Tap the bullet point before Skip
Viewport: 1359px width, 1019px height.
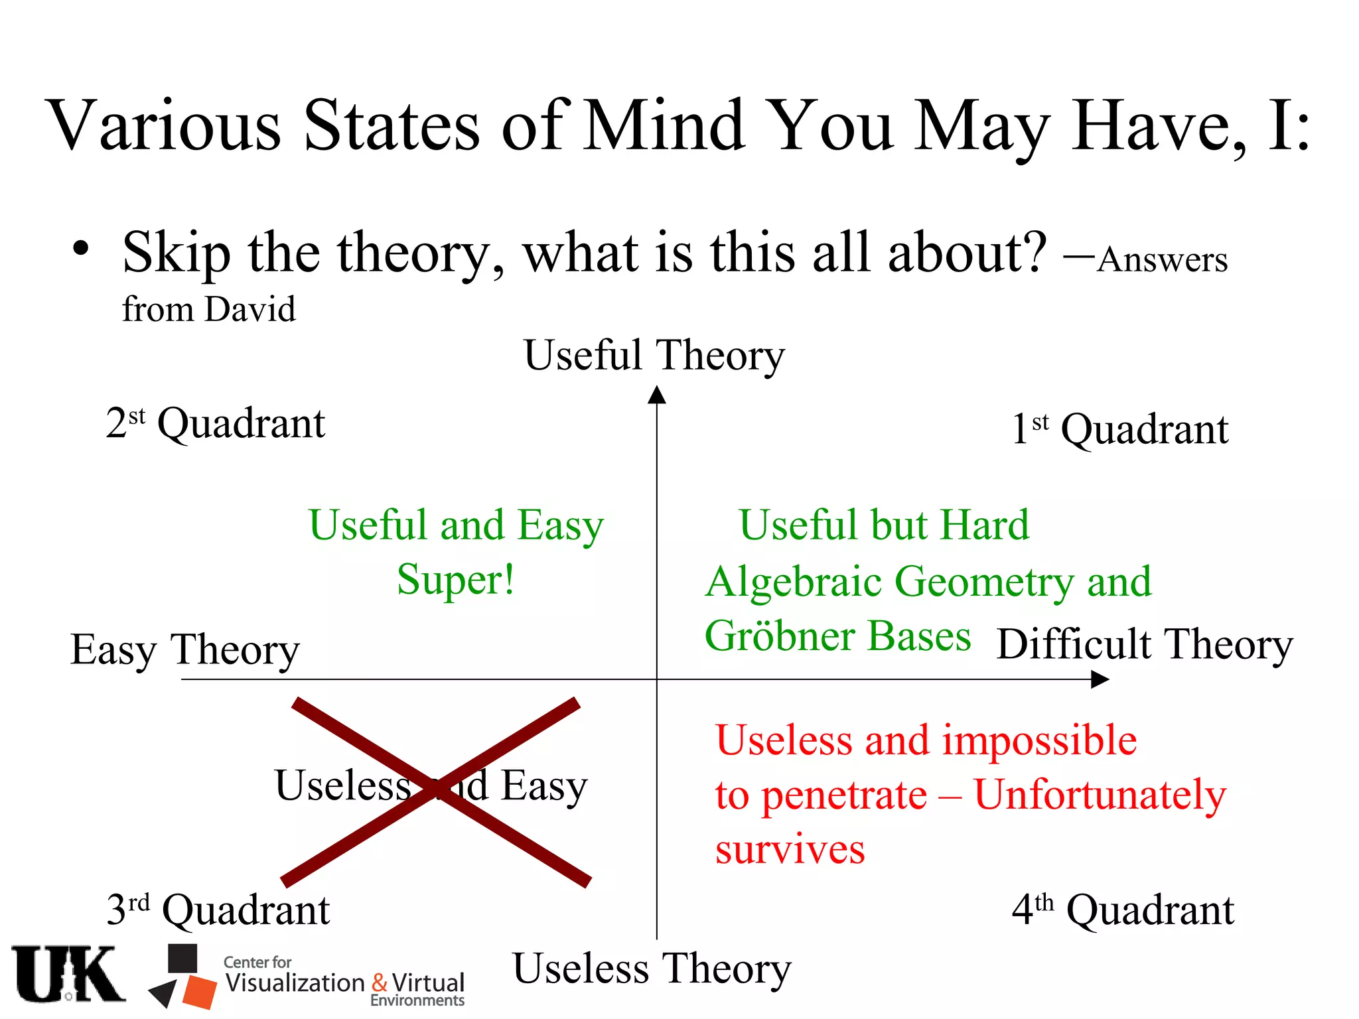(80, 249)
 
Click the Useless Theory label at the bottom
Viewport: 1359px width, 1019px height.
(652, 969)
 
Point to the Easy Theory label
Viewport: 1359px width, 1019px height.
(184, 649)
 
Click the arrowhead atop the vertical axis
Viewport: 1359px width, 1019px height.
(656, 395)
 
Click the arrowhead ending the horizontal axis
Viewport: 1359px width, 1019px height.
(1100, 679)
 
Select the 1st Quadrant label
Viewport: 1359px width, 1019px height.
(1119, 429)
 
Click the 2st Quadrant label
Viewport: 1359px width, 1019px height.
(215, 423)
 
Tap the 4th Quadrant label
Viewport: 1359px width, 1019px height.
(1122, 910)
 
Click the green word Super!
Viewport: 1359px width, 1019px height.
(455, 580)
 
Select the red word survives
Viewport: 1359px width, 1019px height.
(790, 849)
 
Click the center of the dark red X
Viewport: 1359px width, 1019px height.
(435, 791)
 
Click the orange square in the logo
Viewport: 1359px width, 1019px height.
(200, 991)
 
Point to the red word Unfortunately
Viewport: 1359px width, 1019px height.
(1100, 795)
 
